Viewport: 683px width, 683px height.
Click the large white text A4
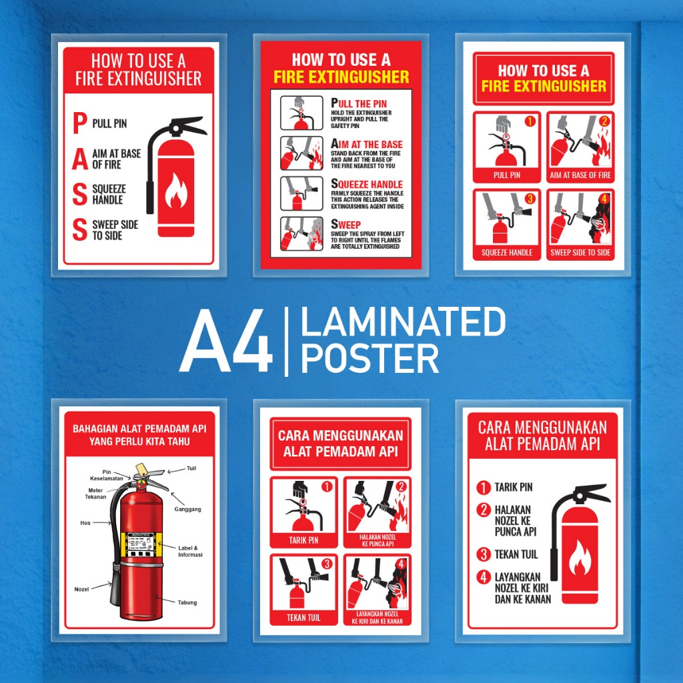click(x=225, y=341)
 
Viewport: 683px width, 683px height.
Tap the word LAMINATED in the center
click(x=403, y=322)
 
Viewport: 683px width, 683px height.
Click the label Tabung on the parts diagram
click(x=187, y=602)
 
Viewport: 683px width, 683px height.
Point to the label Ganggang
click(x=187, y=509)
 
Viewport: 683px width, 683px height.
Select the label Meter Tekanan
click(x=97, y=494)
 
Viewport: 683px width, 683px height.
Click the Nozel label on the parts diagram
click(x=81, y=590)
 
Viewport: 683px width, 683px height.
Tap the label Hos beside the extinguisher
click(x=85, y=523)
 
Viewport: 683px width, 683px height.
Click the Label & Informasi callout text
click(x=190, y=551)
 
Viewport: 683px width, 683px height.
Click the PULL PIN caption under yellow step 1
click(x=507, y=175)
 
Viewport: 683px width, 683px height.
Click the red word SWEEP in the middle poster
click(x=346, y=225)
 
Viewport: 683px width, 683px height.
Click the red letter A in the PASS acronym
click(x=79, y=159)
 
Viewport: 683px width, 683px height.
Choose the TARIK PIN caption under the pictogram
click(x=303, y=540)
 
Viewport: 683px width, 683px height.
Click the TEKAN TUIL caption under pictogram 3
click(x=303, y=618)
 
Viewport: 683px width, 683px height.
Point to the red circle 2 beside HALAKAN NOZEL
click(x=484, y=510)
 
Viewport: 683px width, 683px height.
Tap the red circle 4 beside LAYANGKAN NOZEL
click(x=484, y=577)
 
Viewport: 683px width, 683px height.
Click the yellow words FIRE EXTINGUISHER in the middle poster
click(x=341, y=77)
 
